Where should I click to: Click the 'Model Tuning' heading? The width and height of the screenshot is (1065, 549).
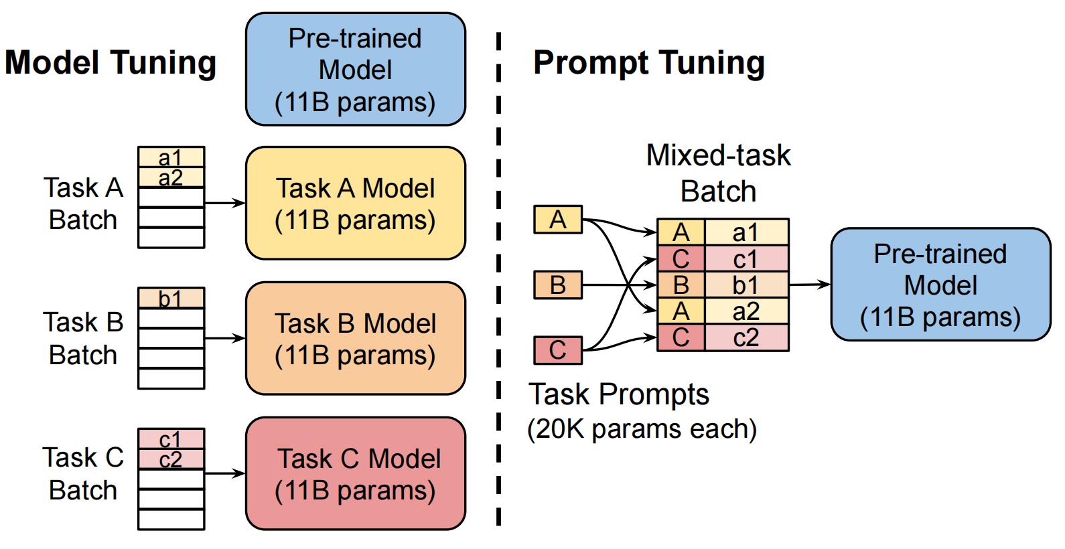click(x=111, y=63)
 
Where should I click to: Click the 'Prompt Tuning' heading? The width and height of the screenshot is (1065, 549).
click(x=649, y=63)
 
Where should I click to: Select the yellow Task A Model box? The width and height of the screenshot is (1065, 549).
click(x=356, y=203)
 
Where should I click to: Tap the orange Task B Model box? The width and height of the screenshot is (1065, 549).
click(x=356, y=338)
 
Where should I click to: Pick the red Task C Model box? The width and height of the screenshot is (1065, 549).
click(x=356, y=473)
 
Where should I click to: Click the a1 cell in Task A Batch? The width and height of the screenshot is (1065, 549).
click(x=171, y=157)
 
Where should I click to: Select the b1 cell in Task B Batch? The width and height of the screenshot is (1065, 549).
click(x=171, y=298)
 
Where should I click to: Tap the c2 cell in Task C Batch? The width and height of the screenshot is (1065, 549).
click(x=171, y=459)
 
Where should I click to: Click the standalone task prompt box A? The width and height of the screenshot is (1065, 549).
click(x=558, y=220)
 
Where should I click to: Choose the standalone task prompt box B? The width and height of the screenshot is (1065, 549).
click(x=558, y=285)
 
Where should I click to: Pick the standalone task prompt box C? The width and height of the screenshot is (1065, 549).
click(x=558, y=350)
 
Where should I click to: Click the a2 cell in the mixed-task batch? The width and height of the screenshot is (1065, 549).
click(x=747, y=311)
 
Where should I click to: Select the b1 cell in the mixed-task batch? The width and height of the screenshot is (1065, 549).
click(x=747, y=285)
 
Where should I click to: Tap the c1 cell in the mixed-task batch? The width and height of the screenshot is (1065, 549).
click(x=747, y=259)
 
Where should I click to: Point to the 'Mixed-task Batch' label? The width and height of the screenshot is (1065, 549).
click(x=719, y=173)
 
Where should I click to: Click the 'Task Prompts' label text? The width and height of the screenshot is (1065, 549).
click(x=618, y=394)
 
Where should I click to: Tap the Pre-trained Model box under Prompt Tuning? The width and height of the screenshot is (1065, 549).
click(x=940, y=285)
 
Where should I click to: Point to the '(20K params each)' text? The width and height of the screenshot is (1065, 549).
click(x=642, y=429)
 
